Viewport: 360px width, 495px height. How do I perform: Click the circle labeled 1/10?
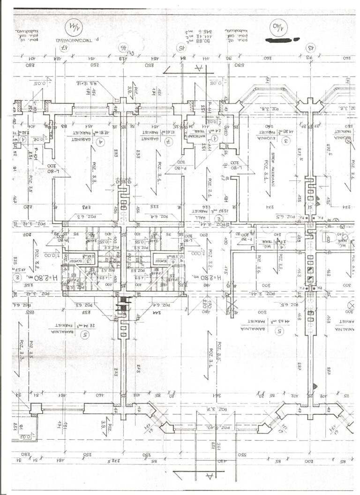pos(276,30)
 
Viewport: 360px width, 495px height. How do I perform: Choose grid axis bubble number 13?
pos(310,47)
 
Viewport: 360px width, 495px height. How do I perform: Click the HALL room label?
pos(217,217)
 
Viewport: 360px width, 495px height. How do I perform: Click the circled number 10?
pos(17,278)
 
